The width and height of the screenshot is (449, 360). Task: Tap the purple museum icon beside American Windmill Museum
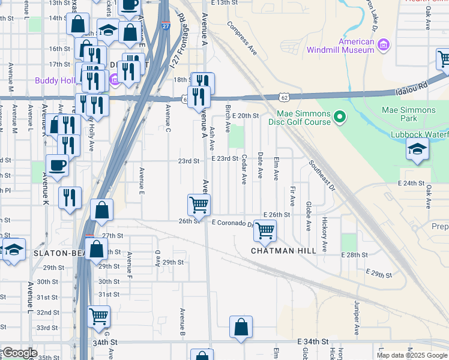point(383,44)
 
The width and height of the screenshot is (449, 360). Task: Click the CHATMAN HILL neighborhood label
point(283,250)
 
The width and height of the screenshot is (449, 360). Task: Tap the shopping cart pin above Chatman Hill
point(264,230)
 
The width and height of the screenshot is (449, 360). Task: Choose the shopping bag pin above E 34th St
point(241,327)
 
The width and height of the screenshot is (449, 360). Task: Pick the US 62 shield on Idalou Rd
point(285,96)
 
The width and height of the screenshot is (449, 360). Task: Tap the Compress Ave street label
point(242,39)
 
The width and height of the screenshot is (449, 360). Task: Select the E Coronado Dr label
point(233,224)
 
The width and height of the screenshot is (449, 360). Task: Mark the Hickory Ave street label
point(324,234)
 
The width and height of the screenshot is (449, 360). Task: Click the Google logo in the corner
point(19,353)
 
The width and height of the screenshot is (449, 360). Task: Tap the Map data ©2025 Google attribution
point(412,355)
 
